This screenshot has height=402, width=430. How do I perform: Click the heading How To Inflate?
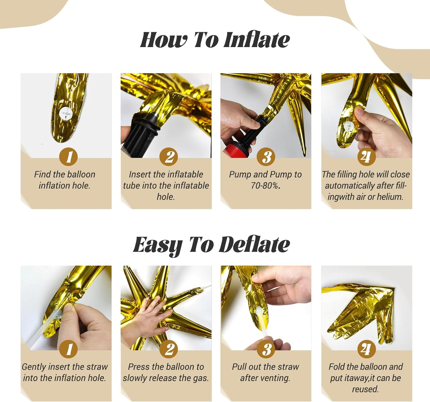pos(215,40)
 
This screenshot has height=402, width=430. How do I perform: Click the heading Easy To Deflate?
pos(211,245)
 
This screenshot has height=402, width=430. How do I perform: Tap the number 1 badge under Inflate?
pos(68,157)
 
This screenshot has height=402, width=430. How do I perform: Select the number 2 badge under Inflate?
pos(169,157)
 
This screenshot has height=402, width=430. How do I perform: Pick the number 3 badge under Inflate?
pos(266,157)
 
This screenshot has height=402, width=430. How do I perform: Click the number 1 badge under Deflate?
pos(68,349)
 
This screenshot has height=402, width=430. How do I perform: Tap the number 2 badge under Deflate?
pos(169,349)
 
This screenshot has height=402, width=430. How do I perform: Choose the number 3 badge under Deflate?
pos(266,349)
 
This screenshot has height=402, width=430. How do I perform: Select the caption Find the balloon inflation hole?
pos(65,180)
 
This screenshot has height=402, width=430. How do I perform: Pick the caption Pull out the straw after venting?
pos(265,372)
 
